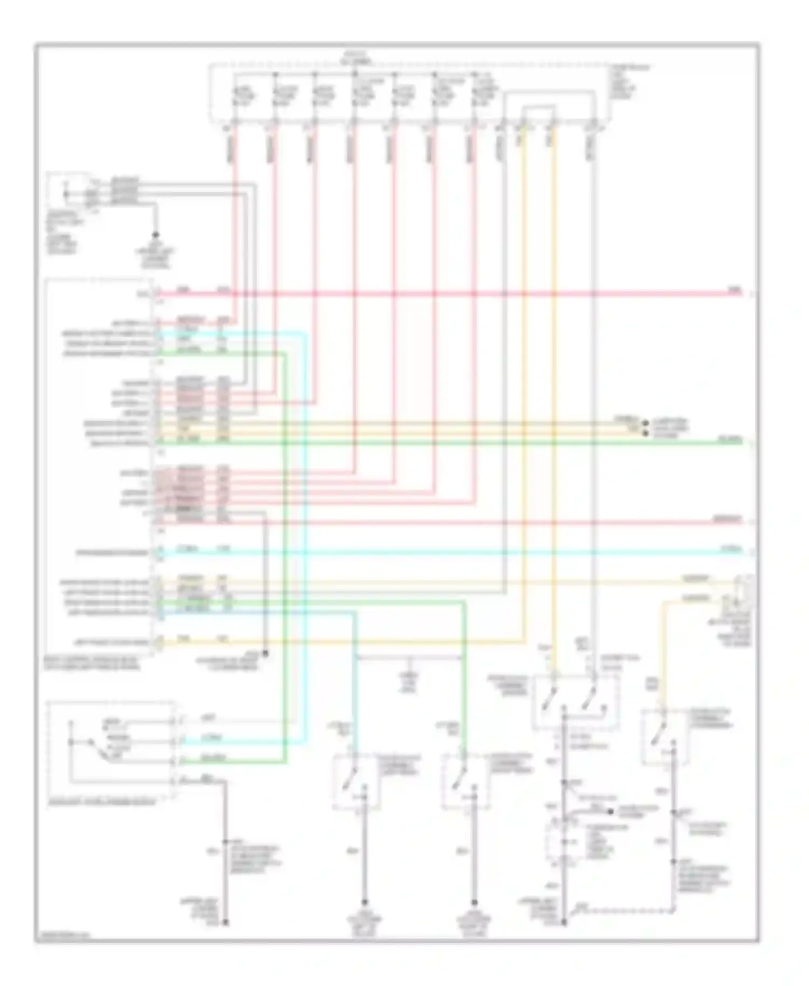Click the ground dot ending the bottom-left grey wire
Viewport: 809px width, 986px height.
click(x=226, y=923)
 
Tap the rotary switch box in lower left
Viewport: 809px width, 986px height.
click(x=111, y=750)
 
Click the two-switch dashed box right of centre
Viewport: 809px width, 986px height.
click(x=575, y=702)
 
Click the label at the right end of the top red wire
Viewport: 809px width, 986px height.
click(x=735, y=290)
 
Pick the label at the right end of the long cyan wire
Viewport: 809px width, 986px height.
click(x=735, y=549)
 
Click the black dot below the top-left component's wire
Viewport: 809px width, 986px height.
click(x=155, y=236)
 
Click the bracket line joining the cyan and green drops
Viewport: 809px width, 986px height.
click(x=410, y=657)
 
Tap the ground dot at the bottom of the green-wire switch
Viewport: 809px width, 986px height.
click(x=475, y=902)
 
